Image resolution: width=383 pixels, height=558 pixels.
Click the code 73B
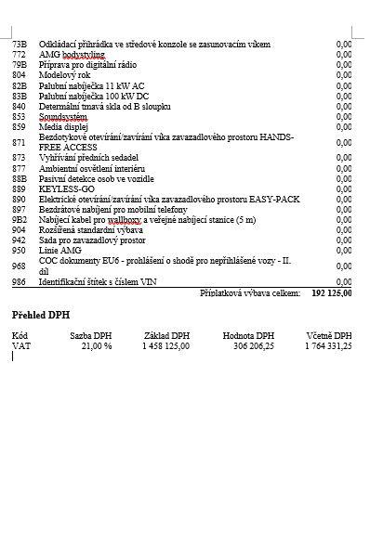(19, 44)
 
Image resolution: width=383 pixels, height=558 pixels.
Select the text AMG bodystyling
(73, 54)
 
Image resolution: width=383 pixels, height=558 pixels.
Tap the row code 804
(19, 74)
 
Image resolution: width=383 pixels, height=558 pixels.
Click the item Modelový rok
(65, 74)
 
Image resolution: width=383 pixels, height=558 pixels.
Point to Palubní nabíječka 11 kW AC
(91, 84)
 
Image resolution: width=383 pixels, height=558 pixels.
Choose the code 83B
(19, 95)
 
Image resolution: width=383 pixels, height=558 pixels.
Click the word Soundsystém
(62, 116)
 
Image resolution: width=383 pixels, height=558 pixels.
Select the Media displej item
(64, 126)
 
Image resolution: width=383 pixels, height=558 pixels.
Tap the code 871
(19, 142)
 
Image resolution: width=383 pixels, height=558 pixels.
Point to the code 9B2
(19, 219)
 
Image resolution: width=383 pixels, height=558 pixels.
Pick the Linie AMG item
(59, 250)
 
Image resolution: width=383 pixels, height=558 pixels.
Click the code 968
(19, 266)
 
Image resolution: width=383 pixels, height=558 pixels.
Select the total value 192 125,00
(332, 292)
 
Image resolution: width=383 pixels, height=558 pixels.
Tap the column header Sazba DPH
(91, 335)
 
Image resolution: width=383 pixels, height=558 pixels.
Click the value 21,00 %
(96, 345)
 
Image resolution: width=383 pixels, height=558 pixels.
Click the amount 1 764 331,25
(327, 345)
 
